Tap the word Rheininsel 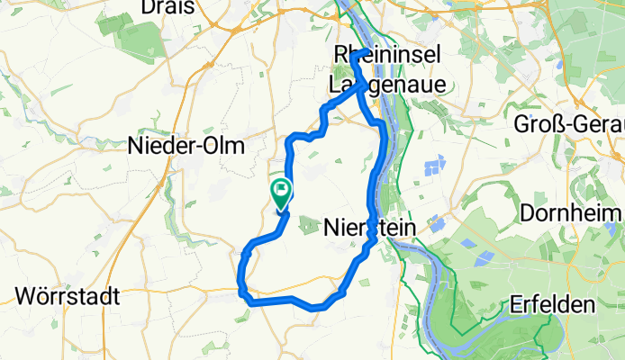387,56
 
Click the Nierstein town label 368,230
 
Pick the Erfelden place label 556,306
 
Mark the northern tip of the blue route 356,55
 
